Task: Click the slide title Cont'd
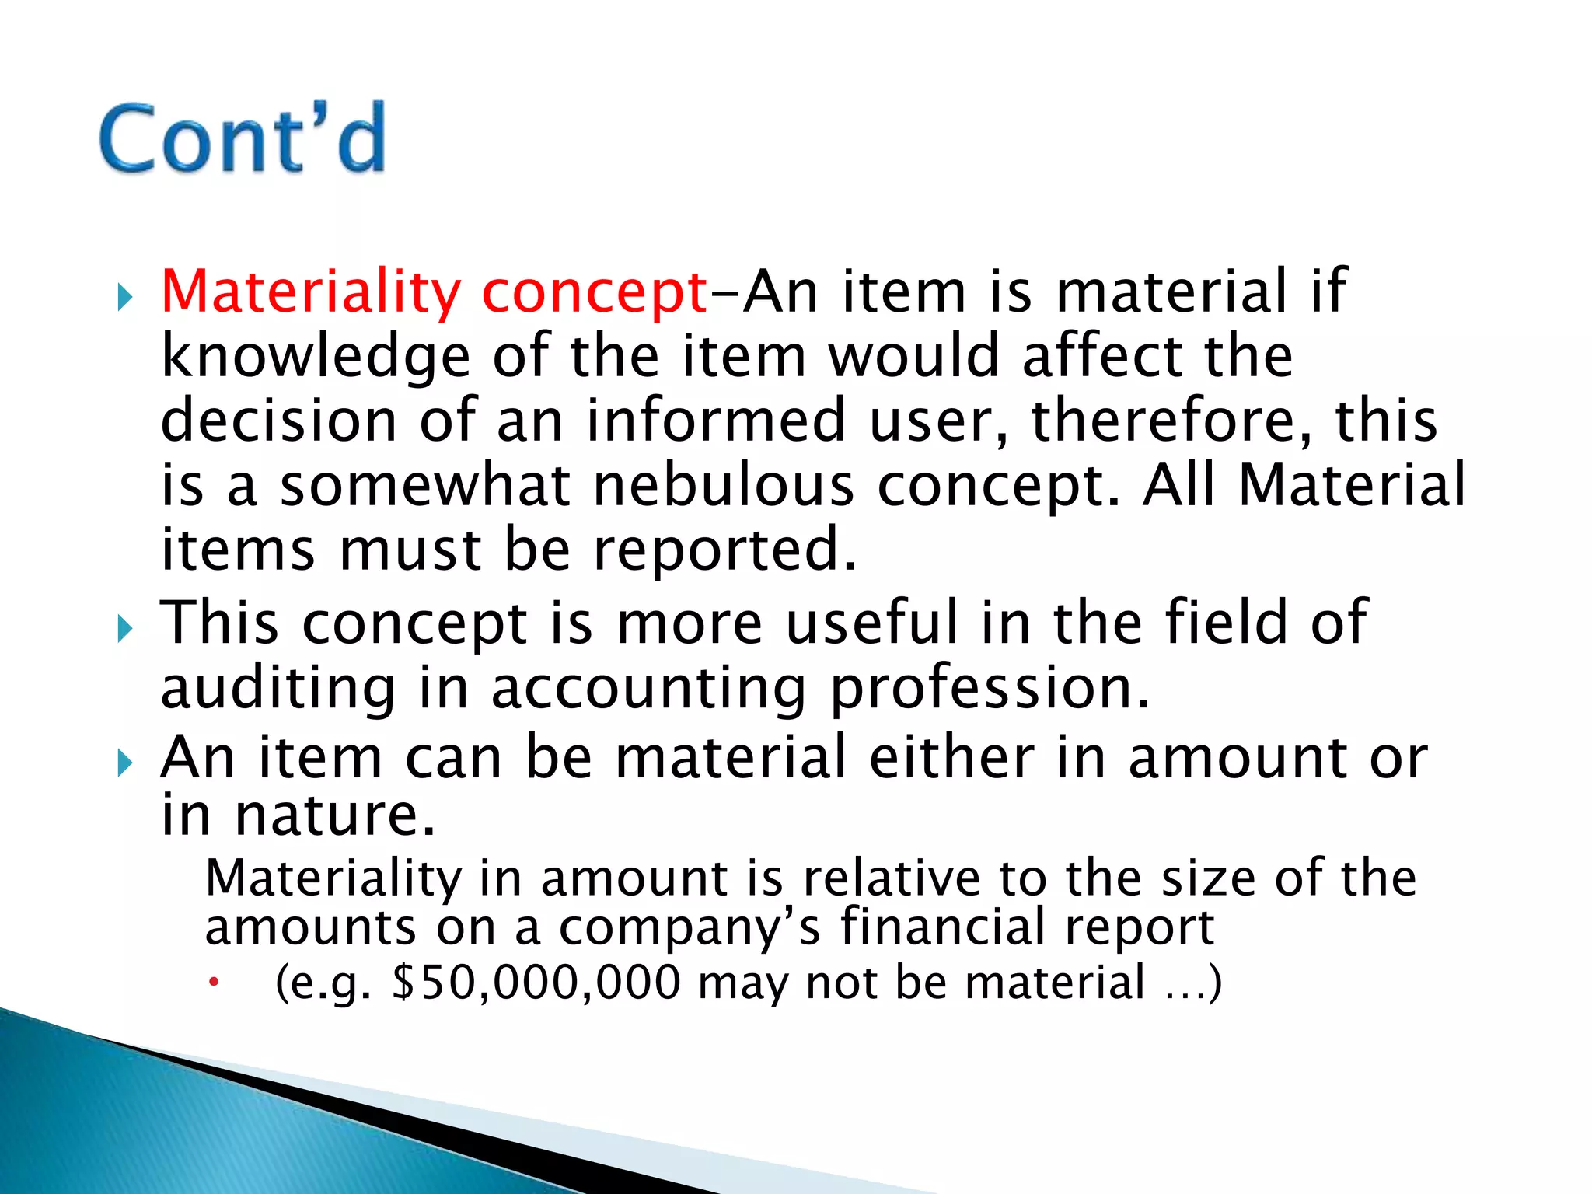[x=243, y=138]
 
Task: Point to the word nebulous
[x=723, y=486]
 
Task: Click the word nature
[x=335, y=815]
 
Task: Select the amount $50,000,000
[x=537, y=983]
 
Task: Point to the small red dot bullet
[x=214, y=983]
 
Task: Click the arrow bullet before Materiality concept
[x=125, y=297]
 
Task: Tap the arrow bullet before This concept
[x=125, y=628]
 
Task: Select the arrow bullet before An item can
[x=125, y=763]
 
